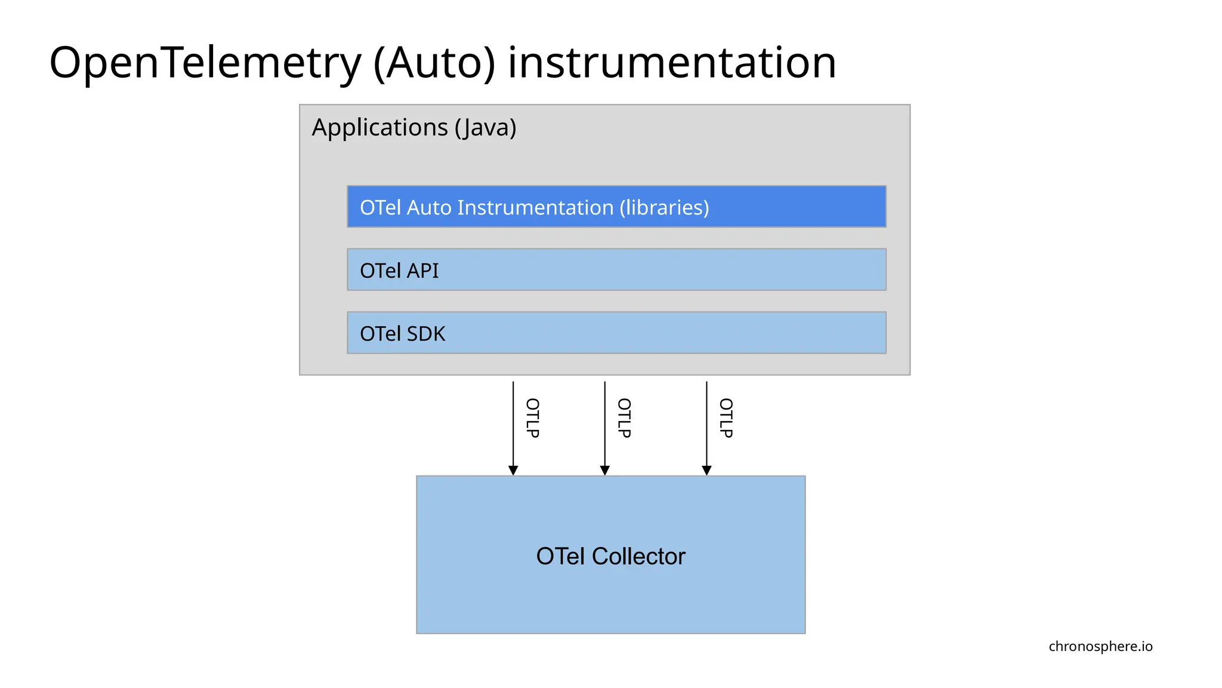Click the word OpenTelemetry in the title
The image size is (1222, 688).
click(x=205, y=63)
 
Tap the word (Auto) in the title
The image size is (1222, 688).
click(x=434, y=63)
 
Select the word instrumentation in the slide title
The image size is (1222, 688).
click(x=672, y=63)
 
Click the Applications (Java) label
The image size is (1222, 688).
click(x=413, y=127)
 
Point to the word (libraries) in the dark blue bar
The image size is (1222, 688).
click(x=664, y=207)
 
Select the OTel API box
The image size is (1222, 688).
click(x=616, y=270)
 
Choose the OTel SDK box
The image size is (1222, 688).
click(x=616, y=333)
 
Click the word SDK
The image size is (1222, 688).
click(x=426, y=334)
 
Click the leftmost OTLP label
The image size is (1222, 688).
click(x=532, y=418)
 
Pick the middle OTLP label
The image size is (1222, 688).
click(x=624, y=418)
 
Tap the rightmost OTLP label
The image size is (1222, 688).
click(x=726, y=418)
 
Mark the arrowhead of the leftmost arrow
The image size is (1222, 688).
click(x=513, y=471)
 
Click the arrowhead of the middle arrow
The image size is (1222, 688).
click(x=604, y=471)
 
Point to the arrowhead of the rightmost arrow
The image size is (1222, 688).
click(x=706, y=471)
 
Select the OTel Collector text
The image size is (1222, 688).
click(x=610, y=556)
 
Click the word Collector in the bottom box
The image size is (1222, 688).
click(x=638, y=556)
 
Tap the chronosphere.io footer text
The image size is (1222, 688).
click(x=1100, y=646)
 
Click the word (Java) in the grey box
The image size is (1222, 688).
click(x=485, y=127)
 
